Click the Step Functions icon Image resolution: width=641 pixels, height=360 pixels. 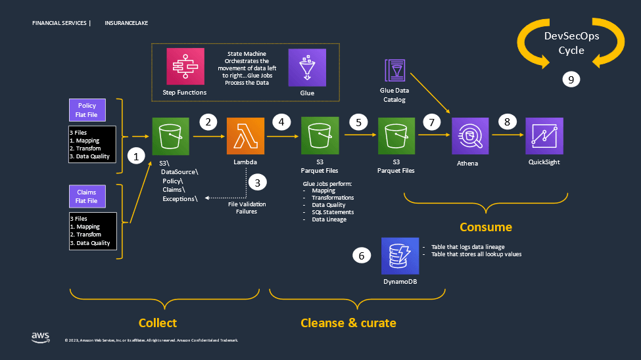tap(185, 66)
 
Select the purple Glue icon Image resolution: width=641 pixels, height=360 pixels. tap(307, 67)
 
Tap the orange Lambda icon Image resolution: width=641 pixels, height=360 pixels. tap(245, 137)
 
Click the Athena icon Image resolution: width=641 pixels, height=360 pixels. tap(469, 137)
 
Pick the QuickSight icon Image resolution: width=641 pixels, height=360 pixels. tap(544, 137)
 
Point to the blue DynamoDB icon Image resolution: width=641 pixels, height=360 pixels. tap(400, 256)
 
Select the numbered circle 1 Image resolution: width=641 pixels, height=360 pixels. tap(137, 157)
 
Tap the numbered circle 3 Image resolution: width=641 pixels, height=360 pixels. tap(257, 182)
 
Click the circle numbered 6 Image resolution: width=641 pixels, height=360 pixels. tap(361, 256)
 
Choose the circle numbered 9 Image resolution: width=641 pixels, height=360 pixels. tap(571, 79)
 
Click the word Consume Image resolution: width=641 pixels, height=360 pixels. tap(486, 227)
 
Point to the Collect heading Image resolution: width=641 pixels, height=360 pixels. tap(158, 323)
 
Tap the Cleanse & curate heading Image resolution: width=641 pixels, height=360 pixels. tap(348, 323)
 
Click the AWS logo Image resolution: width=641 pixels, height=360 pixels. tap(41, 337)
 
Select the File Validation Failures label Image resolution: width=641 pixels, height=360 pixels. tap(247, 208)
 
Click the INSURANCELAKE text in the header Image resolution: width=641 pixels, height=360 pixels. tap(126, 23)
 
